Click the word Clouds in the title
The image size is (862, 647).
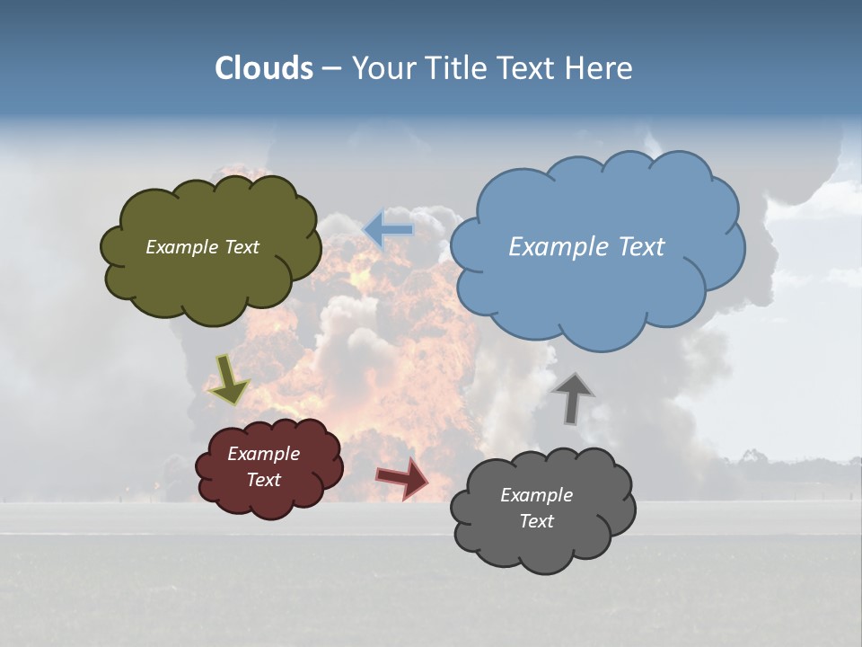(x=264, y=68)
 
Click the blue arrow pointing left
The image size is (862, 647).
(x=388, y=229)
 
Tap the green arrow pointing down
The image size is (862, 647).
(x=229, y=379)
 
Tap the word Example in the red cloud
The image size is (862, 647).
(x=263, y=454)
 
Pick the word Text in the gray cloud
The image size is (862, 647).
(x=536, y=521)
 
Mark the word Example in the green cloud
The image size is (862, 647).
(x=180, y=247)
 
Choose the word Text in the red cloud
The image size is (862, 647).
(x=263, y=480)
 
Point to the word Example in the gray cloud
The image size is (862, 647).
(x=536, y=495)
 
